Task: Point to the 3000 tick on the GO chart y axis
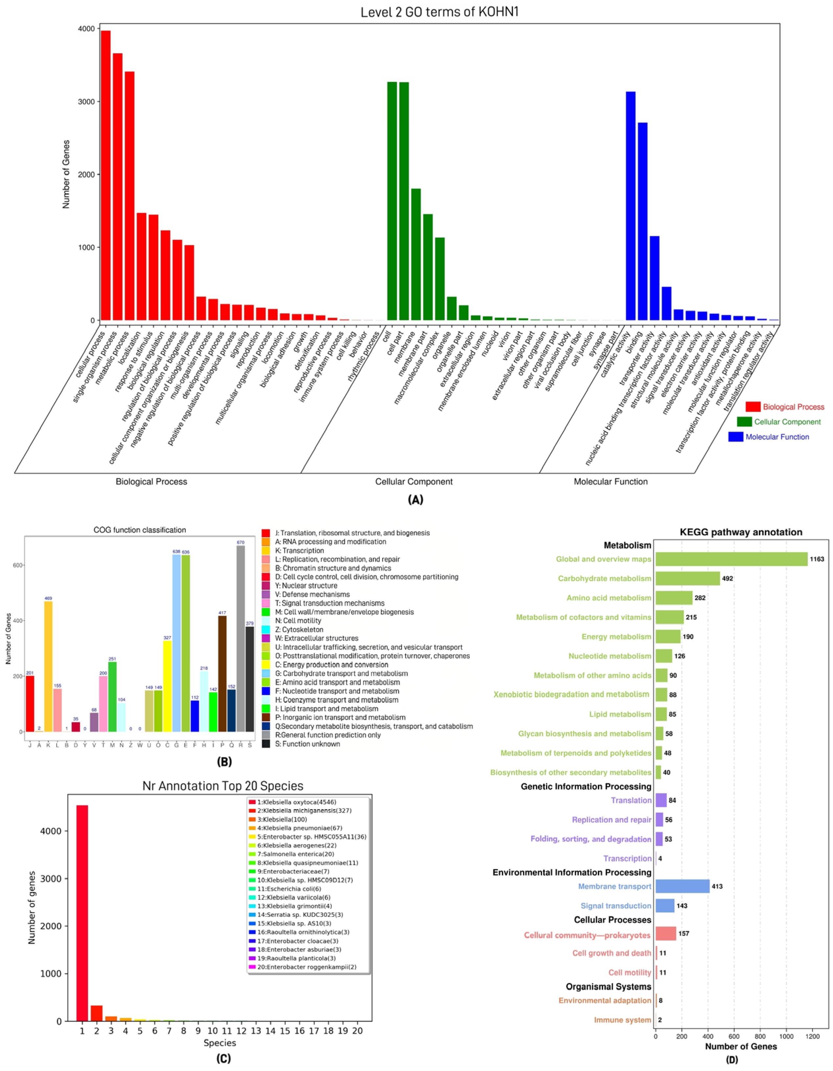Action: click(x=88, y=102)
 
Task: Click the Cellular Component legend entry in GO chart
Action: click(x=787, y=422)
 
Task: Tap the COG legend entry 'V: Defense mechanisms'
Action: click(x=312, y=594)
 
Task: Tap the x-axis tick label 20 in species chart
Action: click(x=357, y=1031)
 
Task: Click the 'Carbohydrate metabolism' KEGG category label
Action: click(x=604, y=579)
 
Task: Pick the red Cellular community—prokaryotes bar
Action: click(x=665, y=934)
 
